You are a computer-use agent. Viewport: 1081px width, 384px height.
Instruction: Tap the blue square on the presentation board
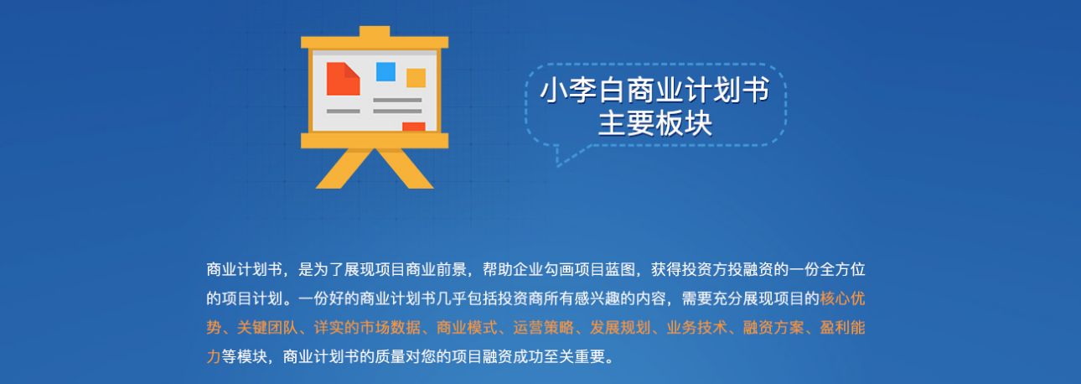coord(385,71)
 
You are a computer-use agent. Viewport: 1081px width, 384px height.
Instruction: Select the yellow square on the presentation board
coord(416,78)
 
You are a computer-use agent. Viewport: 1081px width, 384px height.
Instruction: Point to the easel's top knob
coord(374,32)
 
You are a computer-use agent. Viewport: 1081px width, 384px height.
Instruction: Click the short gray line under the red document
coord(343,111)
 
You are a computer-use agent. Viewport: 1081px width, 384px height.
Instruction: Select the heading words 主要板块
coord(654,124)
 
